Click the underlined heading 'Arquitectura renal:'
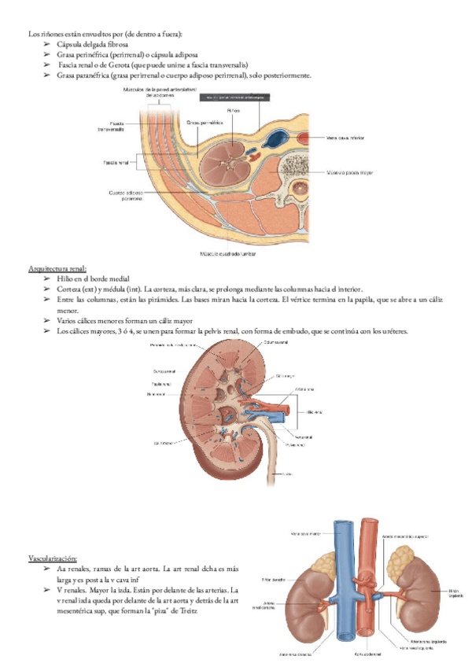coord(57,269)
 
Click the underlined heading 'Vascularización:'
coord(52,558)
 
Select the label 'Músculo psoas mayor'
coord(352,171)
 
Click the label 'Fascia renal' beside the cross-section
coord(117,163)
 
